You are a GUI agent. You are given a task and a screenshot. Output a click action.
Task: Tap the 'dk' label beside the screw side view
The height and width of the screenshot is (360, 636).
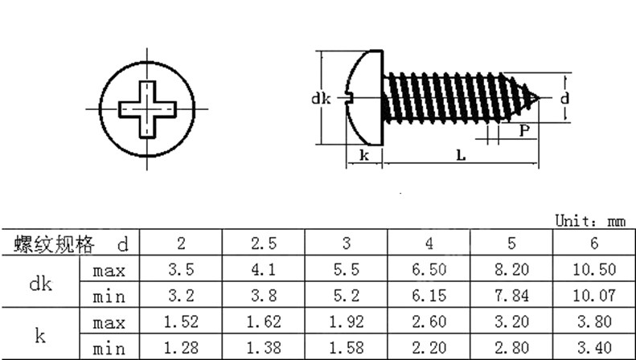coord(321,99)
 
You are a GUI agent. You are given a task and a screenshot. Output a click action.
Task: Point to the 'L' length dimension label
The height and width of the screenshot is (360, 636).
coord(461,155)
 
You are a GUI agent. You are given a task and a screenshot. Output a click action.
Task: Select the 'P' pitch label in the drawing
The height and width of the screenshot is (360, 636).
coord(524,130)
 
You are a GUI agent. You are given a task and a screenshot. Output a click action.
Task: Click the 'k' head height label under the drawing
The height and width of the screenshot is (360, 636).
coord(364,155)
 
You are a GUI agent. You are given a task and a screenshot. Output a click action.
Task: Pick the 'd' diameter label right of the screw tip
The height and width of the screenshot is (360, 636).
coord(564,98)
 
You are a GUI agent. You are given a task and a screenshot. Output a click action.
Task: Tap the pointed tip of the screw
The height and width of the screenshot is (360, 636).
coord(538,98)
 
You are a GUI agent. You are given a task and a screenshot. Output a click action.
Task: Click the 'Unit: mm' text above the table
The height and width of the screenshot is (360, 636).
coord(590,221)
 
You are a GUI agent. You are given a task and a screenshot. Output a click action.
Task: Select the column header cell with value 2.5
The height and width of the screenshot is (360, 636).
coord(264,243)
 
